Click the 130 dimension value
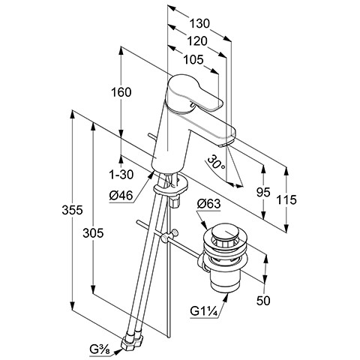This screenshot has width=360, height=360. pos(199,24)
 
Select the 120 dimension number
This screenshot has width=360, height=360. pos(197,41)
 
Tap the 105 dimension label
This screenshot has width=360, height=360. pos(193,60)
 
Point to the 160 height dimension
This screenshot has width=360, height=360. pos(121,92)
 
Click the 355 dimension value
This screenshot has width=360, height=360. pos(72,210)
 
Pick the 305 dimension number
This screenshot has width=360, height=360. pos(93,233)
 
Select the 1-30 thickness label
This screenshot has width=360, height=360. pos(121,174)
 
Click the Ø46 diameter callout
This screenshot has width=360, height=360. pos(121,195)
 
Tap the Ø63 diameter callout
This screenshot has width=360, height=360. pos(208,204)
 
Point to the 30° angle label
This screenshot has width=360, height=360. pos(216,164)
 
